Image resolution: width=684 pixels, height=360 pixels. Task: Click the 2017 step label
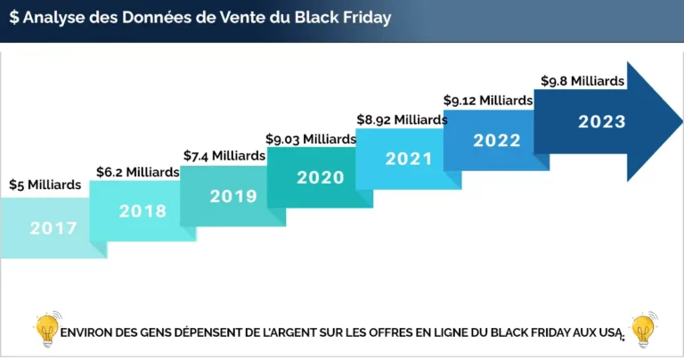click(53, 228)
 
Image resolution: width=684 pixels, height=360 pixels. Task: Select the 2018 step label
click(142, 211)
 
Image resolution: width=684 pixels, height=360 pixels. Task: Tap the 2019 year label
click(233, 196)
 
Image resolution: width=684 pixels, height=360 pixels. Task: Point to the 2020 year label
click(320, 177)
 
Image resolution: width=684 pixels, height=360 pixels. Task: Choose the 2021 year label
click(408, 159)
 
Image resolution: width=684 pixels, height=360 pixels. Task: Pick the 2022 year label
click(496, 140)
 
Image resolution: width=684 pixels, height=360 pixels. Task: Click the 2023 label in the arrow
click(601, 122)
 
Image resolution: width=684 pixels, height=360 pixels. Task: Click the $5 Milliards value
click(45, 185)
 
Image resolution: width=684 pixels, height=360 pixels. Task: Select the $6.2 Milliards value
click(136, 171)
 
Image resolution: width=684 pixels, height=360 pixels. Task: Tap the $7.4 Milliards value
click(224, 155)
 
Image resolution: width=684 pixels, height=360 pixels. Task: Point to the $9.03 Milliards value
click(311, 138)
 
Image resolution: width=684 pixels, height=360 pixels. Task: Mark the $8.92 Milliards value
click(402, 119)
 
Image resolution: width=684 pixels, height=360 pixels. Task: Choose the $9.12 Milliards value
click(488, 100)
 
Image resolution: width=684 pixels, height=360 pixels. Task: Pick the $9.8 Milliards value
click(582, 80)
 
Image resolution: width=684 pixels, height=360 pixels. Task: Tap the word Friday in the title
click(367, 18)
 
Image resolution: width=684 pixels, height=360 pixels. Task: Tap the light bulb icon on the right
click(642, 329)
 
